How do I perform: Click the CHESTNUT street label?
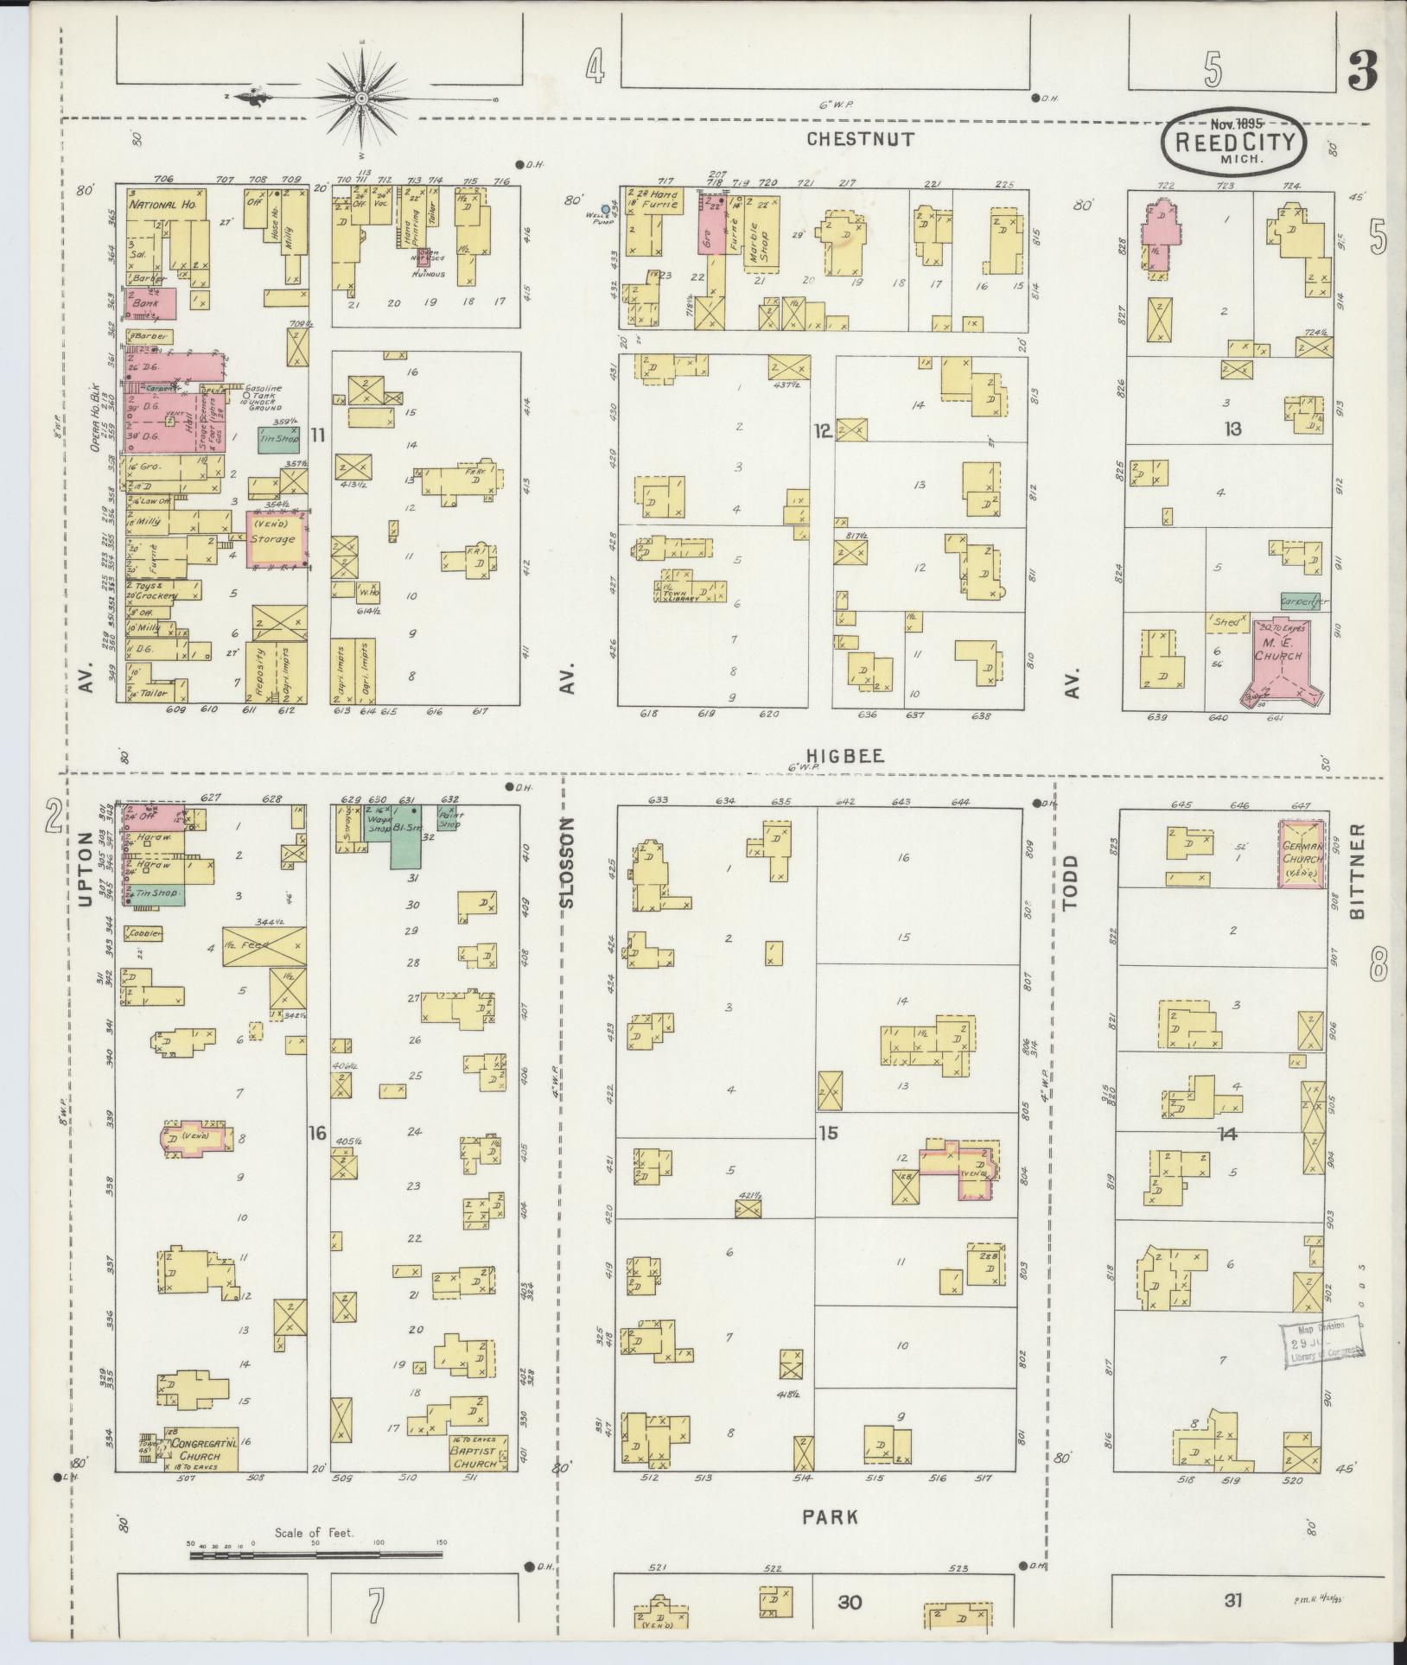click(860, 138)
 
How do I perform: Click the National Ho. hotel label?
click(162, 206)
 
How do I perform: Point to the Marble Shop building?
click(761, 230)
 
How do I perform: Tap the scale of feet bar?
click(315, 1554)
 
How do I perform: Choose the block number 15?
click(828, 1132)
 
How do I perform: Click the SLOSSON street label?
click(567, 861)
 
